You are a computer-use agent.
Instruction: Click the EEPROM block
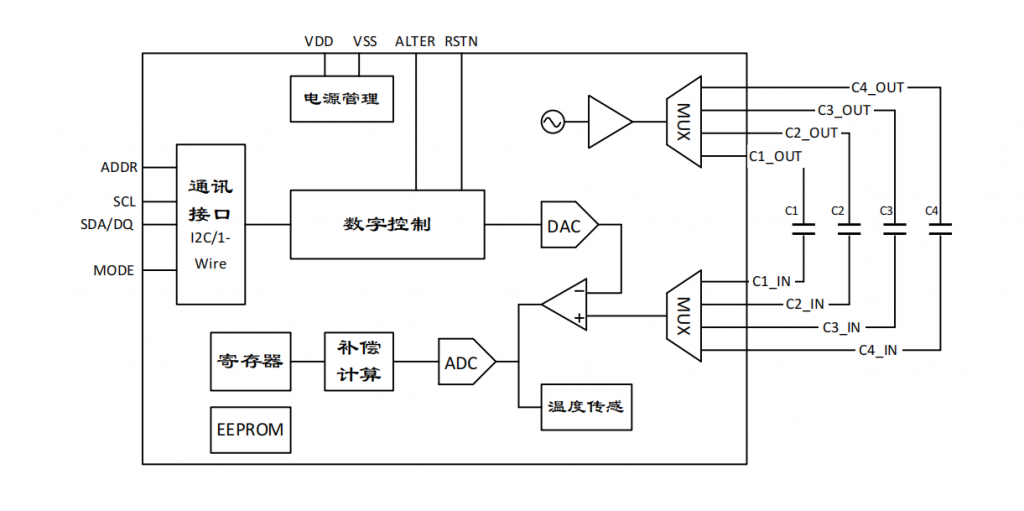tap(250, 430)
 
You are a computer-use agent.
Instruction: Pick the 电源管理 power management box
tap(341, 99)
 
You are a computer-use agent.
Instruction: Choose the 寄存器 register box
tap(250, 361)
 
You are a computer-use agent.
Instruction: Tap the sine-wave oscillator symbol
tap(551, 122)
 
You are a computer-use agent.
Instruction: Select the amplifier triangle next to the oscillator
tap(608, 122)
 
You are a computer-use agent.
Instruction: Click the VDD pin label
tap(320, 41)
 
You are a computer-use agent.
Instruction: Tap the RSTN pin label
tap(462, 41)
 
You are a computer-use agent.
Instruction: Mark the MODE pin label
tap(114, 270)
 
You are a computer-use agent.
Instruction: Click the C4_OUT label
tap(877, 87)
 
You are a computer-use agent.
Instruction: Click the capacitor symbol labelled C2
tap(848, 230)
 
